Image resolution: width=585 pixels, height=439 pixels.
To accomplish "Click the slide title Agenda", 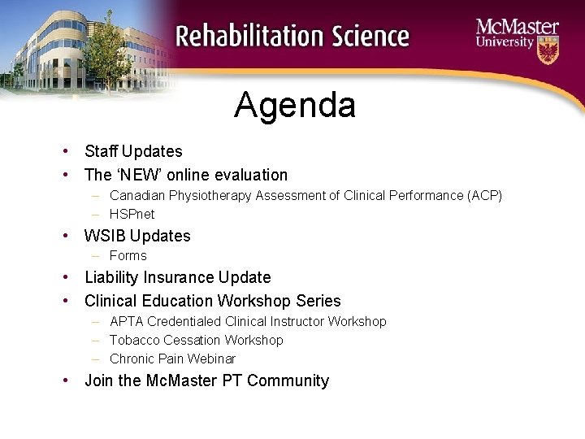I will coord(294,106).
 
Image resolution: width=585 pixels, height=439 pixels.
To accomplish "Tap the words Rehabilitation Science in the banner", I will coord(292,37).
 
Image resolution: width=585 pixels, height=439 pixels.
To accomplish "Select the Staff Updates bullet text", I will coord(133,151).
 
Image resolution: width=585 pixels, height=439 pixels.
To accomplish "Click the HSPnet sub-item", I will coord(132,215).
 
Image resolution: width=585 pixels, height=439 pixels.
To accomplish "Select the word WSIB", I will coord(105,237).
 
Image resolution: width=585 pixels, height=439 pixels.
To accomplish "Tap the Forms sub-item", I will coord(128,256).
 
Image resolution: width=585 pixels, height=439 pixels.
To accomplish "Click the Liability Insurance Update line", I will coord(177,278).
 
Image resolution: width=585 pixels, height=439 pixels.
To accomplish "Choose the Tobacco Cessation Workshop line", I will coord(196,341).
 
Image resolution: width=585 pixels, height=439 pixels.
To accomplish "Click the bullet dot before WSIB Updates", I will coord(63,237).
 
